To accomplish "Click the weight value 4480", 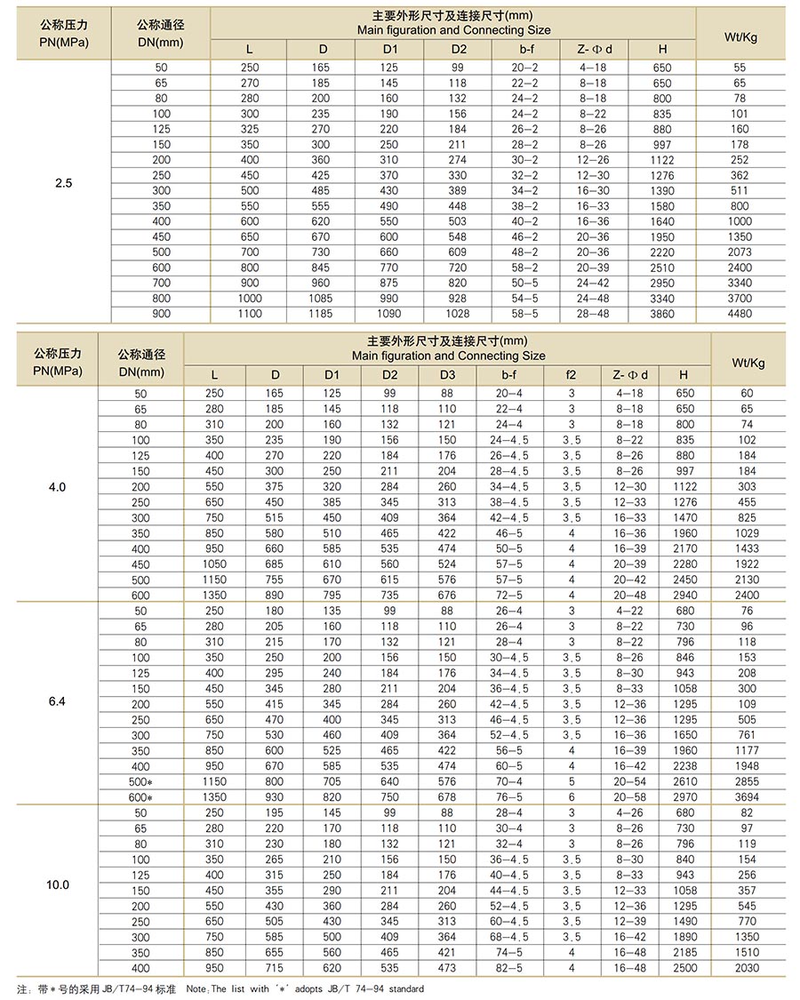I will pyautogui.click(x=740, y=314).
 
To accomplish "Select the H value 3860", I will pyautogui.click(x=662, y=314).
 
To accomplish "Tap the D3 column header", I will pyautogui.click(x=447, y=375).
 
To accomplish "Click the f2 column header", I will pyautogui.click(x=572, y=375).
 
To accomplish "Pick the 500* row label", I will pyautogui.click(x=141, y=781).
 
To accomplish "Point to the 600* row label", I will pyautogui.click(x=141, y=797).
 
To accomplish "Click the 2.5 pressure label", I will pyautogui.click(x=63, y=184).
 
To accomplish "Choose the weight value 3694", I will pyautogui.click(x=747, y=797).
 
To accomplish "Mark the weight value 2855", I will pyautogui.click(x=747, y=781).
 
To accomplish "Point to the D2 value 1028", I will pyautogui.click(x=458, y=314).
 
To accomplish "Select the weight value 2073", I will pyautogui.click(x=740, y=252).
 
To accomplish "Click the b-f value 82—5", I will pyautogui.click(x=509, y=968).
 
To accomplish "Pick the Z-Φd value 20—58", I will pyautogui.click(x=629, y=797).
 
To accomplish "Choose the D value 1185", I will pyautogui.click(x=320, y=314).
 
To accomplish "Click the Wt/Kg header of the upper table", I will pyautogui.click(x=740, y=36).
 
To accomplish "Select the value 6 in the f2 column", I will pyautogui.click(x=572, y=797).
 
